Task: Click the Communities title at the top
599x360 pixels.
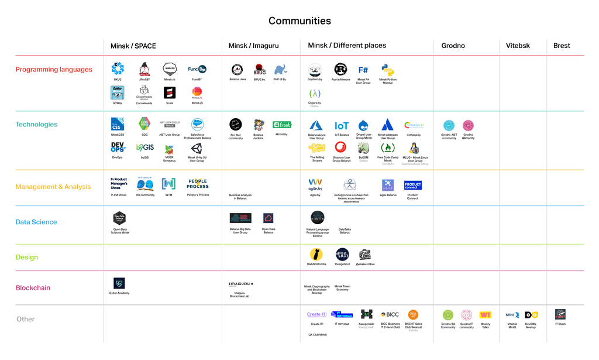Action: (x=299, y=21)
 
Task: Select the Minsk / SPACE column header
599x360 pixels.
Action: (x=133, y=46)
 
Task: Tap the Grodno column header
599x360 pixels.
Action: (x=453, y=46)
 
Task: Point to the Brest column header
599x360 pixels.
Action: (x=562, y=46)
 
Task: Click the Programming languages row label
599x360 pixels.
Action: (x=54, y=70)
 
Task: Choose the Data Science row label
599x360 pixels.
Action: (x=36, y=222)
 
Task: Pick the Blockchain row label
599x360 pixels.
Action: (x=33, y=288)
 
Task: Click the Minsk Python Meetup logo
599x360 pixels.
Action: (x=387, y=70)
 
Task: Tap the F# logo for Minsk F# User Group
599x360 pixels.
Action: (x=363, y=70)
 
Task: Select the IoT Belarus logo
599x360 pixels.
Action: (x=342, y=125)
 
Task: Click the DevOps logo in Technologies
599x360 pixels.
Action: (x=118, y=148)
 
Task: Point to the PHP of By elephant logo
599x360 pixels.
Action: (x=280, y=70)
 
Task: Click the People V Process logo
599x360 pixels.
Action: (x=197, y=184)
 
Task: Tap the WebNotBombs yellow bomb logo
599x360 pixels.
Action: (x=316, y=254)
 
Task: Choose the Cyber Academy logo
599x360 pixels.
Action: (x=119, y=283)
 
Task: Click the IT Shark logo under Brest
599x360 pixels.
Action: (x=560, y=314)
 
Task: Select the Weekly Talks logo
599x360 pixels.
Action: (x=486, y=315)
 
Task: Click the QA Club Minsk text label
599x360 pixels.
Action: (x=318, y=335)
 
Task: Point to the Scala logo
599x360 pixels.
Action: (x=170, y=92)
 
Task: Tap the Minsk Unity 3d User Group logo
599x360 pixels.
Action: (x=197, y=149)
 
